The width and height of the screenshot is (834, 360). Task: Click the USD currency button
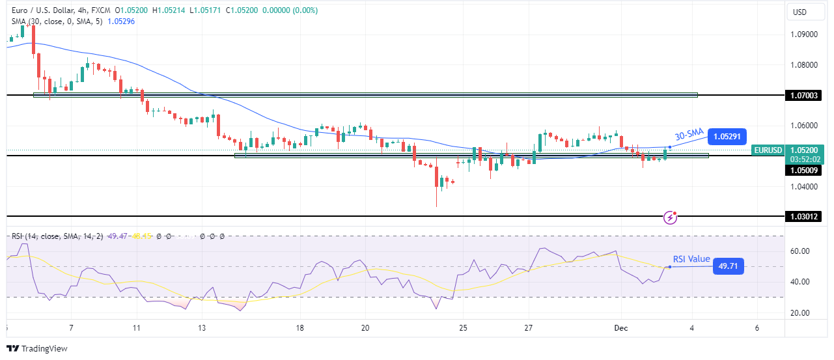tap(798, 12)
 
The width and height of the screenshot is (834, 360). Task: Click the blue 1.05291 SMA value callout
tap(727, 137)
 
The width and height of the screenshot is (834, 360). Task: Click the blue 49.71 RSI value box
tap(728, 266)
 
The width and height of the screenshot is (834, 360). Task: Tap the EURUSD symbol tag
tap(767, 150)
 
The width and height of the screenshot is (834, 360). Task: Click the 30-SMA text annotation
tap(689, 135)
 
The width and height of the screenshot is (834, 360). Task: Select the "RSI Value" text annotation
tap(691, 259)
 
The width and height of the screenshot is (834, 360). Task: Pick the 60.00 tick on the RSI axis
tap(800, 251)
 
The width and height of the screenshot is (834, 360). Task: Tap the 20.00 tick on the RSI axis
tap(800, 313)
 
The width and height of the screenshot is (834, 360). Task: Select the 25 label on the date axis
tap(462, 328)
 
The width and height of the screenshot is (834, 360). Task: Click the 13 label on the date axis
tap(202, 328)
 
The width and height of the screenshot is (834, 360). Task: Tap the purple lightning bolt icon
tap(670, 217)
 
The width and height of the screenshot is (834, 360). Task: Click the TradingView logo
tap(37, 349)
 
